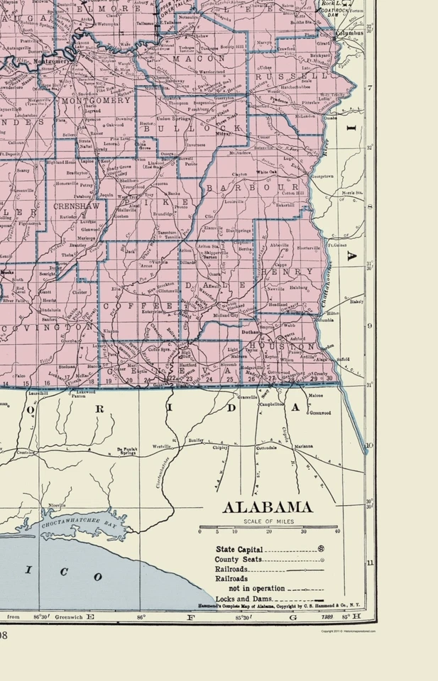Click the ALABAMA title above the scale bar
[x=268, y=507]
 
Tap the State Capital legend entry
[x=240, y=549]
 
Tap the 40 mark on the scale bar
[x=337, y=531]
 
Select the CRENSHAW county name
[x=70, y=205]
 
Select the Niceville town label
[x=57, y=505]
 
